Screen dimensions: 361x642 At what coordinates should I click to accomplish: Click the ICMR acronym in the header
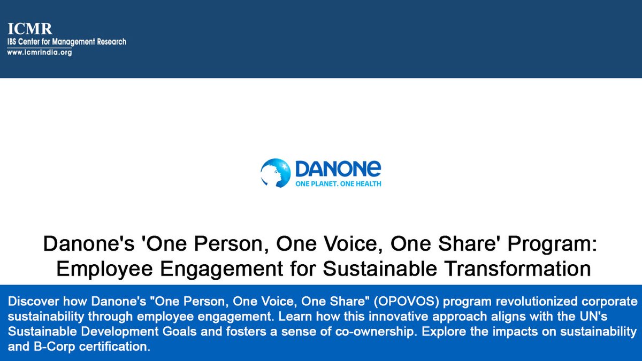29,29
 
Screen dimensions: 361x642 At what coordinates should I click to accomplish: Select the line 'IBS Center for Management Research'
66,42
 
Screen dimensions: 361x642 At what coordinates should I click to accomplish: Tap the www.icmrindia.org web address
39,52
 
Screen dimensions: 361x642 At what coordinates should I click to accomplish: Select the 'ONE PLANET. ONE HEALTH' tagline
338,183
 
